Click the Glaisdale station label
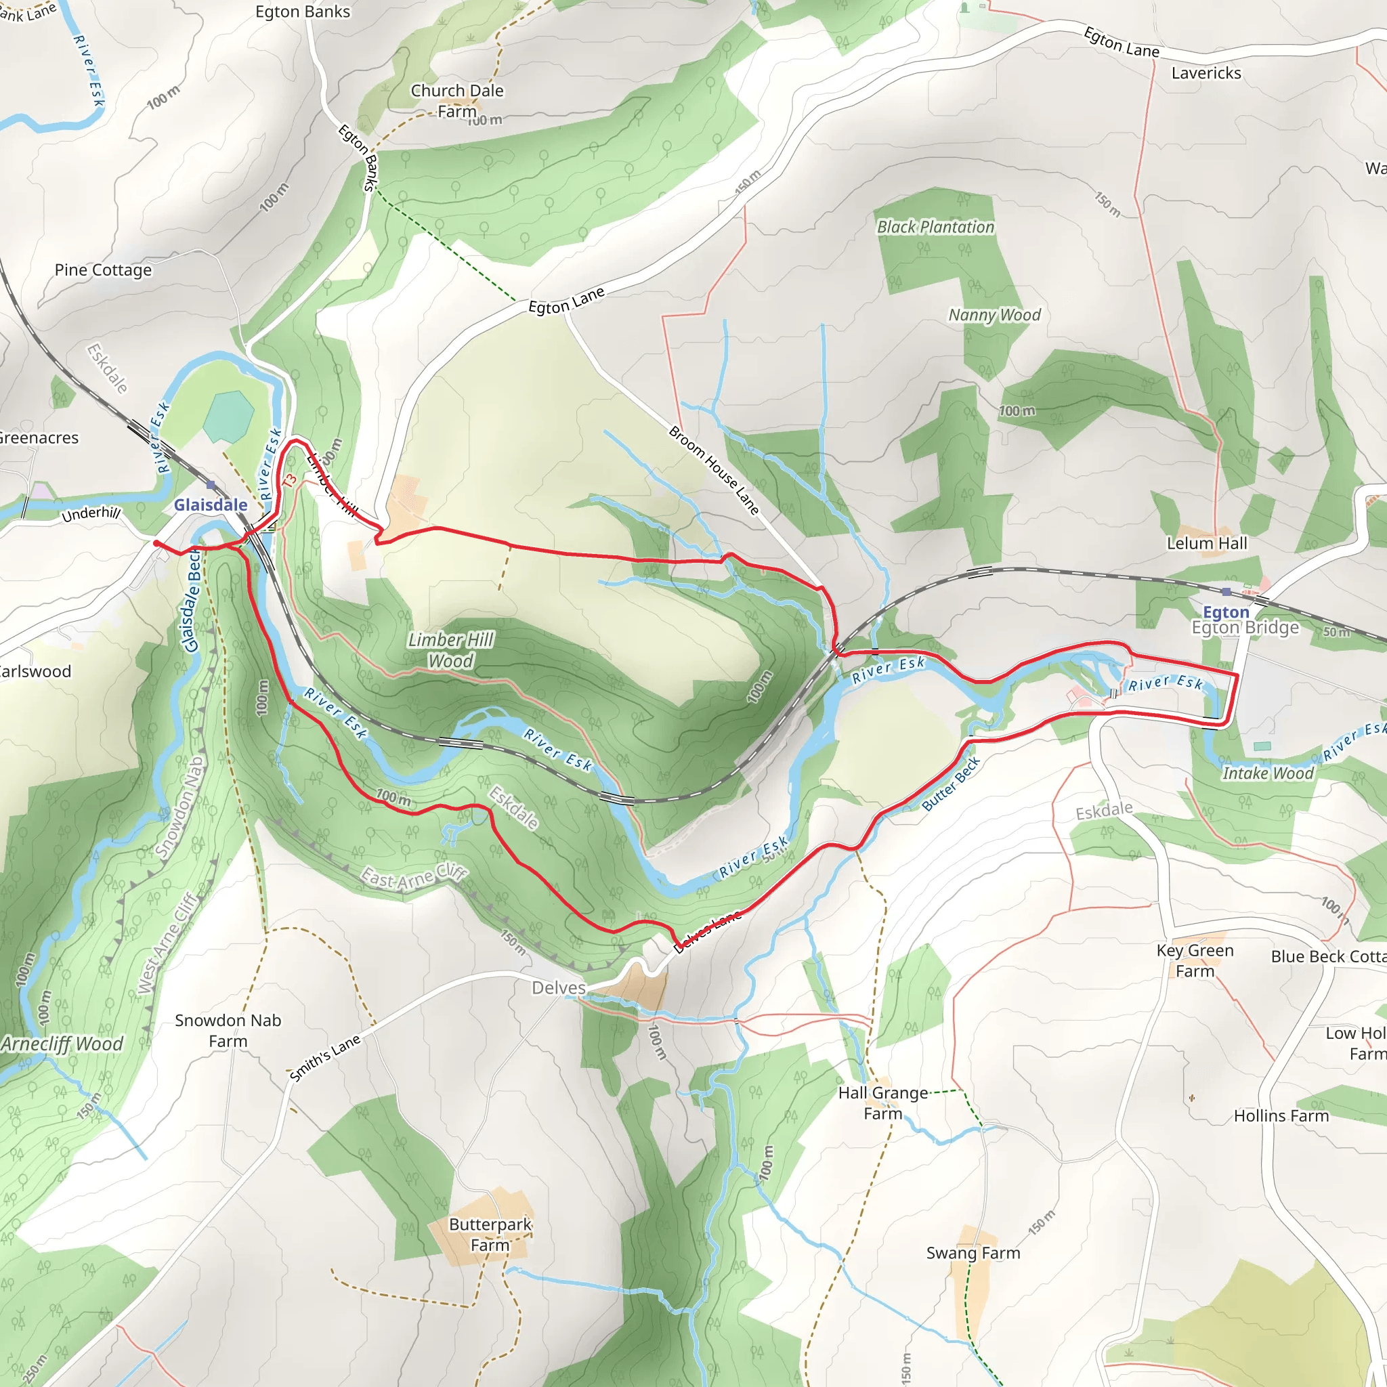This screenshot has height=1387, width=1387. (211, 505)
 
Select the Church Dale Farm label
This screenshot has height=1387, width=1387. (457, 100)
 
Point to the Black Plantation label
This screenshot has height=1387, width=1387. (935, 227)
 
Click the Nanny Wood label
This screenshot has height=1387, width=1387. (994, 315)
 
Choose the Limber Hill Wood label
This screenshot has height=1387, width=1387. (451, 649)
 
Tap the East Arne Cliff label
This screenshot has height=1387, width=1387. (414, 876)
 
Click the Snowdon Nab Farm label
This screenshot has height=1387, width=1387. (228, 1030)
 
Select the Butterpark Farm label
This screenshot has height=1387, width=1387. (490, 1234)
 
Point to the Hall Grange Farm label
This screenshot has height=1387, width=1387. (883, 1103)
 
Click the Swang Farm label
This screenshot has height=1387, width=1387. (973, 1253)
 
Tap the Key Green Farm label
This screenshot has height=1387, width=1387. (1195, 960)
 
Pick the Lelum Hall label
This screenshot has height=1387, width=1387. (1207, 543)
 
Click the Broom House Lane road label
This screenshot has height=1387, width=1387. (714, 470)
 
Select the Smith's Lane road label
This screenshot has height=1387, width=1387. (324, 1059)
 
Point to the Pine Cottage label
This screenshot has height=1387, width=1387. (104, 270)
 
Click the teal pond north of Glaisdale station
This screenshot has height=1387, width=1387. (228, 417)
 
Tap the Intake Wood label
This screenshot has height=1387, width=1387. (1268, 773)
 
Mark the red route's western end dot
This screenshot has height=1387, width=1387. (156, 543)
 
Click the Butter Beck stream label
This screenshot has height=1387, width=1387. (950, 784)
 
